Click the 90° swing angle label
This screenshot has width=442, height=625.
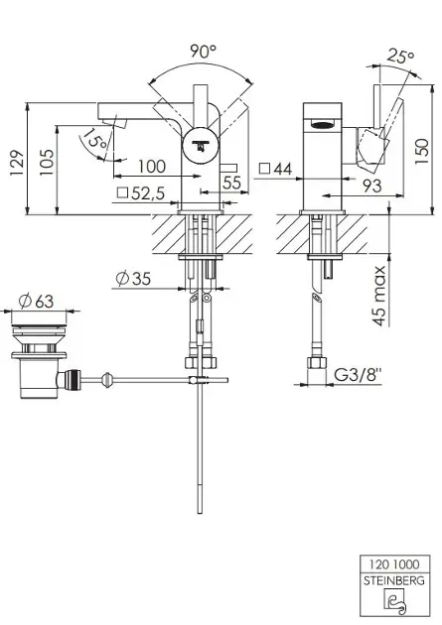203,51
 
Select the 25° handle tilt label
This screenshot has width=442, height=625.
400,57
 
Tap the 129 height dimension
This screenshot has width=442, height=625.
17,163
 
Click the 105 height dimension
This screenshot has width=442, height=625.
47,163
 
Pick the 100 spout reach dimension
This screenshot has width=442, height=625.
152,167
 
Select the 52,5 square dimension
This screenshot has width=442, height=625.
141,193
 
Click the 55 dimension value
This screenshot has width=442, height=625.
231,183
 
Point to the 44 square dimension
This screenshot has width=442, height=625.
276,169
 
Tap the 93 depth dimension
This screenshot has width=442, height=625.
371,186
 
